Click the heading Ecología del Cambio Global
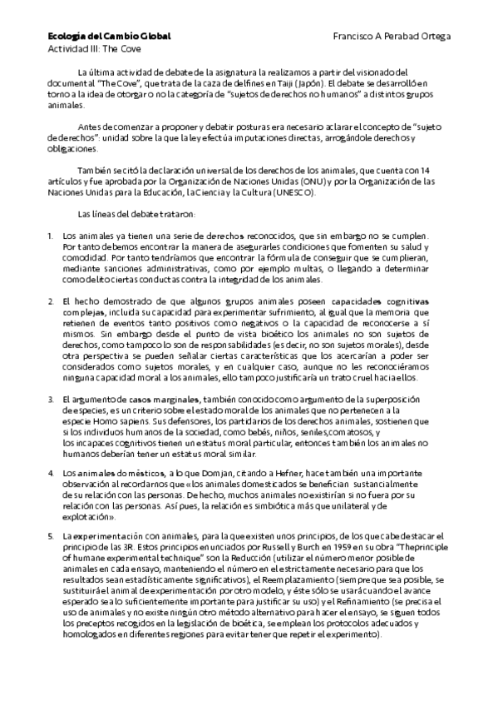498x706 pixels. (x=108, y=37)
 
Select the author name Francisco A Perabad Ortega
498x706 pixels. (x=392, y=37)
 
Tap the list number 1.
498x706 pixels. (x=50, y=236)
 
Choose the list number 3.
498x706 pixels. (x=50, y=400)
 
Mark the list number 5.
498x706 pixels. (x=50, y=536)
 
